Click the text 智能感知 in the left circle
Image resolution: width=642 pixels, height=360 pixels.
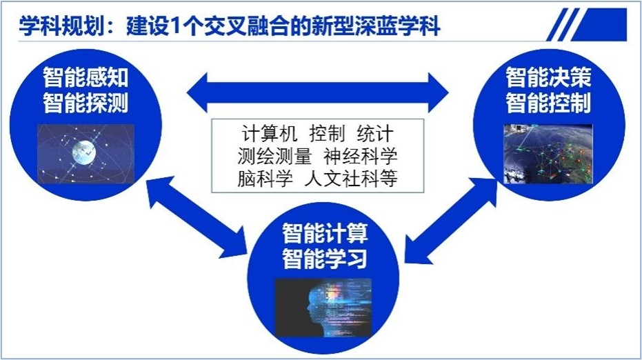[x=86, y=77]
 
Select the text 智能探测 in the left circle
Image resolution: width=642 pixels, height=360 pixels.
[x=86, y=103]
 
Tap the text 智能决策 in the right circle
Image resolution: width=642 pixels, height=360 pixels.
[x=549, y=77]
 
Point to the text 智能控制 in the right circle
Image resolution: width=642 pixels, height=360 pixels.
[x=549, y=103]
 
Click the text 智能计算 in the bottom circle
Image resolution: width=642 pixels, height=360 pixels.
[x=325, y=233]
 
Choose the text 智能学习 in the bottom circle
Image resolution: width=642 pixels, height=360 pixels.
[x=325, y=259]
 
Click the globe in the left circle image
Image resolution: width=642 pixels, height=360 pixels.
[x=84, y=152]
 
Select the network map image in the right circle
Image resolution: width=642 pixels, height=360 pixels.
[x=548, y=154]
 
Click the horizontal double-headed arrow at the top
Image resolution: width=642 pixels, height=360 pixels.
[x=318, y=92]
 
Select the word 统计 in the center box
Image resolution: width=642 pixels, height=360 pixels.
[x=375, y=134]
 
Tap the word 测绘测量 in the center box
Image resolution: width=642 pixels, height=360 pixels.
[x=274, y=156]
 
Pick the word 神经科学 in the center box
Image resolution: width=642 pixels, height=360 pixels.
[x=360, y=156]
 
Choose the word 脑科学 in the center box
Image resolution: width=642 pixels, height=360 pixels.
[x=265, y=179]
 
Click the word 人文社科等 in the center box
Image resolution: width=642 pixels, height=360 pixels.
[x=351, y=179]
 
